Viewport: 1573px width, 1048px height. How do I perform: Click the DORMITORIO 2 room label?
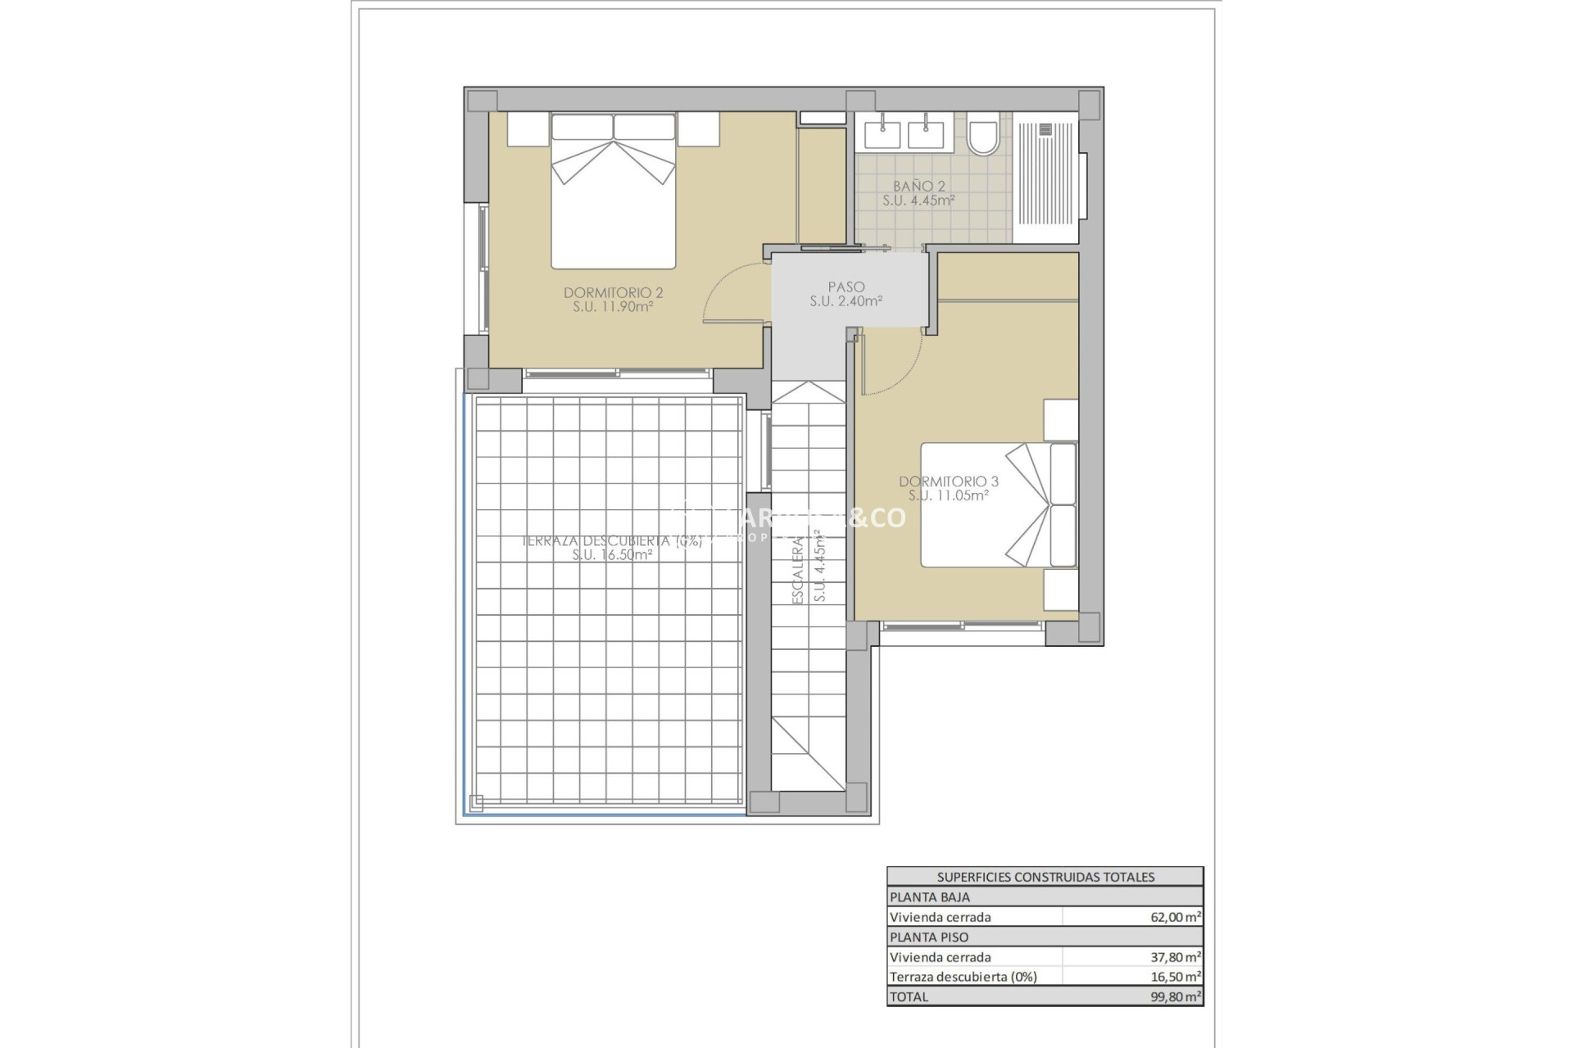point(613,293)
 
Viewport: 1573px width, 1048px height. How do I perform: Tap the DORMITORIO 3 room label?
point(948,481)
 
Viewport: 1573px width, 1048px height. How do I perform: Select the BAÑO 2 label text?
point(918,187)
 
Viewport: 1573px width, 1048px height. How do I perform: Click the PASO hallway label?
point(845,287)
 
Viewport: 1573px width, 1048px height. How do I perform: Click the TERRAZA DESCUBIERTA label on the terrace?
point(612,541)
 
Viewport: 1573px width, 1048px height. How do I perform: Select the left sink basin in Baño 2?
point(882,134)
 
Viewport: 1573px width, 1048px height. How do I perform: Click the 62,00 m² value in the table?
point(1175,917)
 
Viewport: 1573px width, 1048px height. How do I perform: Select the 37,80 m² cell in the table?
point(1175,957)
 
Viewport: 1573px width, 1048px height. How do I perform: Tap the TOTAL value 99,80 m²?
point(1175,996)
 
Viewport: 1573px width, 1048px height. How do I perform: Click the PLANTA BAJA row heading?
point(929,897)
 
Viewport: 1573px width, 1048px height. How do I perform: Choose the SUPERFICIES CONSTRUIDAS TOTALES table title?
point(1045,877)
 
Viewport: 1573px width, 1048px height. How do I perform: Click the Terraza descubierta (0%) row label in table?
point(963,977)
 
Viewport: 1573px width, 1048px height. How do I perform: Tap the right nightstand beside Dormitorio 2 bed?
point(698,129)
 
